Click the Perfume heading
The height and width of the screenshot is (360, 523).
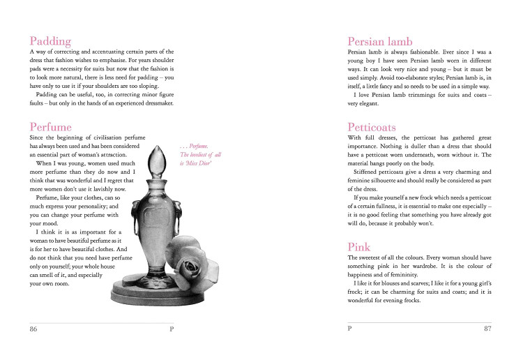click(51, 128)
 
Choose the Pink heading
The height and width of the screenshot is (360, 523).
click(359, 247)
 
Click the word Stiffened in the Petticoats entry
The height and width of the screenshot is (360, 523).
click(370, 172)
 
